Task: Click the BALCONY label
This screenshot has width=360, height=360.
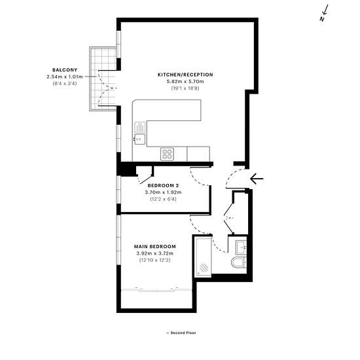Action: [65, 70]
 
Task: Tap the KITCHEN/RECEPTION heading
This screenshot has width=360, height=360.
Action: [185, 75]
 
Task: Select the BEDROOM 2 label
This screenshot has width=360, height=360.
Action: [163, 185]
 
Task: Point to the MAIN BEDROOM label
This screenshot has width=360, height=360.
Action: [154, 247]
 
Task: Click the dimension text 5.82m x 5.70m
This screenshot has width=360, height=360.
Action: [185, 81]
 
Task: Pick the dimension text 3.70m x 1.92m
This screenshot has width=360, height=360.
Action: [163, 192]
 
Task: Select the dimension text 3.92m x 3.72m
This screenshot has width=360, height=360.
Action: [154, 253]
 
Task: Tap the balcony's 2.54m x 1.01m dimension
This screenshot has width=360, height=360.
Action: [65, 77]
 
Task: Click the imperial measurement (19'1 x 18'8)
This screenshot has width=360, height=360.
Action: [185, 88]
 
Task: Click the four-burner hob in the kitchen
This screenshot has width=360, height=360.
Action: [167, 154]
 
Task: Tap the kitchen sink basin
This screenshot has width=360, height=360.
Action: [140, 139]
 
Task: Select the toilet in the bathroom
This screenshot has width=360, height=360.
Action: [240, 262]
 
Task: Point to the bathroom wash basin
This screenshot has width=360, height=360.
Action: [241, 247]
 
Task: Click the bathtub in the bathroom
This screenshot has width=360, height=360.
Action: [202, 256]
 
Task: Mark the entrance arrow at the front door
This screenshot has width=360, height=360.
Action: [257, 179]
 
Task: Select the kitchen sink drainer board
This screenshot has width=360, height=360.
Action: [140, 128]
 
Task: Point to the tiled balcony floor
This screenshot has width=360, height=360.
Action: [103, 79]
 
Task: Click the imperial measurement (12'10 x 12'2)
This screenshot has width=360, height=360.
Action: [154, 260]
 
